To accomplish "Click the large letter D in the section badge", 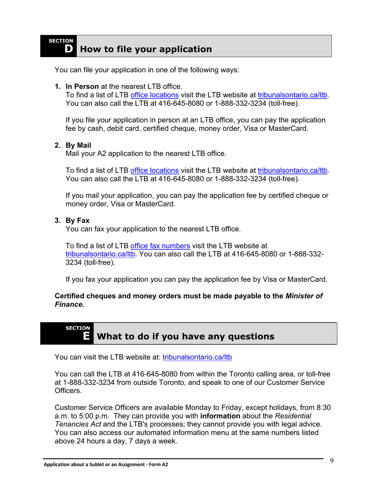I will coord(69,49).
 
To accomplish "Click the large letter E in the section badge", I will coord(87,336).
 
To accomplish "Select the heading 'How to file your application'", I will coord(146,49).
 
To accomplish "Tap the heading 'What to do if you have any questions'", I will coord(185,336).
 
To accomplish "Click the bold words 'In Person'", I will coord(82,86).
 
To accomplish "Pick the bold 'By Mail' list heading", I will coord(78,145).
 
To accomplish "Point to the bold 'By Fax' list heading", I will coord(78,221).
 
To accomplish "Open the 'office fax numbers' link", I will coord(160,246).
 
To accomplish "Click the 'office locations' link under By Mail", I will coord(154,171).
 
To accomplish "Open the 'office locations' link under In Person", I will coord(154,95).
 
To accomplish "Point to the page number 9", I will coord(331,460).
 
